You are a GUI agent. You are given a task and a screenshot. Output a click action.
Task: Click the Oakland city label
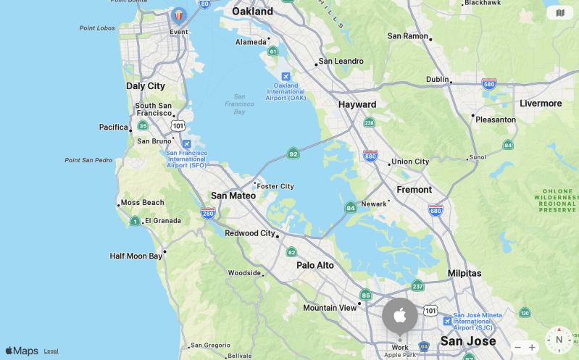point(253,12)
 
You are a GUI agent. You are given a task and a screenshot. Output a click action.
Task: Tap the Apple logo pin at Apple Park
point(400,315)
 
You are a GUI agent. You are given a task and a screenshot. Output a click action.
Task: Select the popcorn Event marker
point(179,15)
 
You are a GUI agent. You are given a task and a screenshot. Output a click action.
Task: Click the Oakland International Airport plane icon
point(286,77)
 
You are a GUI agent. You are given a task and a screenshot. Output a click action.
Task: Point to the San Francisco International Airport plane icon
point(187,144)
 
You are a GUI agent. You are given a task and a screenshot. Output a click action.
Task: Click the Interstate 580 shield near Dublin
point(489,84)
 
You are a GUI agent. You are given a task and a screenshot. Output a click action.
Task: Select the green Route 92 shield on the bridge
point(293,154)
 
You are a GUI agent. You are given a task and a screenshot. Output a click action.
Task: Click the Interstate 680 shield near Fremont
point(436,211)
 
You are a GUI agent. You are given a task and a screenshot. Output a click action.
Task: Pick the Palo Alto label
point(315,266)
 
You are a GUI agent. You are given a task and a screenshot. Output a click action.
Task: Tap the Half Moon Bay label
point(136,256)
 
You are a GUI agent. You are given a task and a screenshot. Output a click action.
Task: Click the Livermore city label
point(541,104)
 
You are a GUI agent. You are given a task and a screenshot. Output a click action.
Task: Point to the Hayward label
point(357,105)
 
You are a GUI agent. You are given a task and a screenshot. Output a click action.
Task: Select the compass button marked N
point(559,340)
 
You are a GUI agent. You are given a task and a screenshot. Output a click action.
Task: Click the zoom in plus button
point(532,348)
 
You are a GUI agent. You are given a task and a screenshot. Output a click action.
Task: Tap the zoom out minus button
point(517,348)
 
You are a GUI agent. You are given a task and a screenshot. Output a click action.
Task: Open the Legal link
point(51,351)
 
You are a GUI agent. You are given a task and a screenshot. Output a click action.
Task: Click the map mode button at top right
point(559,12)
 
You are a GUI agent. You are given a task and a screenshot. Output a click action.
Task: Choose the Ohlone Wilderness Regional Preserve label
point(557,201)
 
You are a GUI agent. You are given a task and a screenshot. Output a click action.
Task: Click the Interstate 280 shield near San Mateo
point(208,213)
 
